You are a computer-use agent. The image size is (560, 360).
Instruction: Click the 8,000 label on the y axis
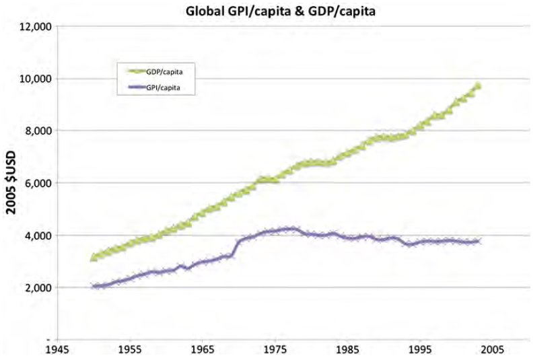[x=36, y=131]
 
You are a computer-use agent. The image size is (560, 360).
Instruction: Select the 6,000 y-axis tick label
[x=36, y=183]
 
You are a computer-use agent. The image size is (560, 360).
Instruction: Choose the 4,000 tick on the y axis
[x=36, y=236]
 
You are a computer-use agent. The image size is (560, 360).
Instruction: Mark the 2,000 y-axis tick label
[x=36, y=288]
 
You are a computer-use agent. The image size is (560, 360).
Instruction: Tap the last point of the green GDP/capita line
[x=478, y=85]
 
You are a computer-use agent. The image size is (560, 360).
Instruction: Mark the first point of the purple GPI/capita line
[x=94, y=287]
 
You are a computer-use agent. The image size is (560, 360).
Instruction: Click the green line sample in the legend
[x=131, y=70]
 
